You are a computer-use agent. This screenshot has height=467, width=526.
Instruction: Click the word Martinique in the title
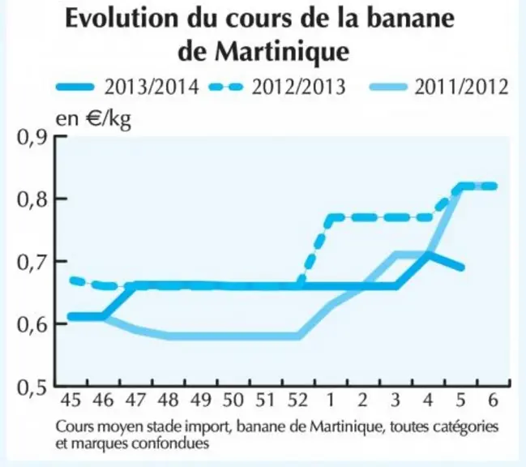point(282,52)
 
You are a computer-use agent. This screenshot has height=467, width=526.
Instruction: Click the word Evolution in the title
point(122,19)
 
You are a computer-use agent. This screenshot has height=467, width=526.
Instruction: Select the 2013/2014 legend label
point(152,88)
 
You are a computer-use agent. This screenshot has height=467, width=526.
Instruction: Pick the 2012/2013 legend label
point(298,88)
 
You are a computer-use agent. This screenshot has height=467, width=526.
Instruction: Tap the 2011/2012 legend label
point(462,88)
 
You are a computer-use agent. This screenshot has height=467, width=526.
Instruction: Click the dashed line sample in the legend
point(226,88)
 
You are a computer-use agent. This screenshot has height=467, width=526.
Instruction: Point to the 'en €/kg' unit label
point(93,119)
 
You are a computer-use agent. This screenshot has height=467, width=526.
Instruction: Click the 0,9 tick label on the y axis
point(32,138)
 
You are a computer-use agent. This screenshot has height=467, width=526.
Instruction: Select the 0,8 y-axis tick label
point(32,199)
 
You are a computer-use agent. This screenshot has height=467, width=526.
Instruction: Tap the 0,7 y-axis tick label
point(32,262)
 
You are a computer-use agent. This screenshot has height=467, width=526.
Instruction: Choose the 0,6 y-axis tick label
point(32,324)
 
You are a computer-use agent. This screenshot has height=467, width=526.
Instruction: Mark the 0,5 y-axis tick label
point(32,388)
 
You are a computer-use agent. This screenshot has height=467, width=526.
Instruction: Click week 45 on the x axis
point(71,401)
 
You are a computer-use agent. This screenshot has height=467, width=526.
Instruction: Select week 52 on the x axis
point(298,401)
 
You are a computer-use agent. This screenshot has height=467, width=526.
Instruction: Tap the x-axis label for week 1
point(331,401)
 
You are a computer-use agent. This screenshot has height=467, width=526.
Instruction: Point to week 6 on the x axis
point(493,401)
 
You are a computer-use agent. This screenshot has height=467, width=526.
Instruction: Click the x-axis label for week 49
point(201,401)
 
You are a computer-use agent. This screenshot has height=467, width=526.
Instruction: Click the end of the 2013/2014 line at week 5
point(462,268)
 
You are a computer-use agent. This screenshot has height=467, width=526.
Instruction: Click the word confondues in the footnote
point(170,443)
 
